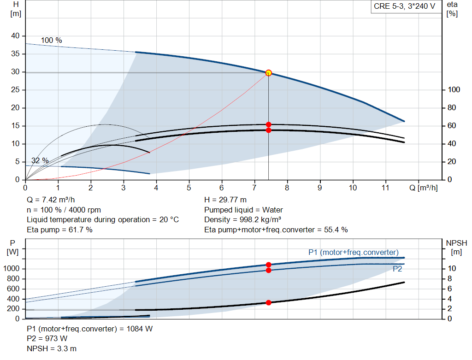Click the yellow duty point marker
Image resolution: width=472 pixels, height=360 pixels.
(269, 73)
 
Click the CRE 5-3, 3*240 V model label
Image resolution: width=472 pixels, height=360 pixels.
(404, 6)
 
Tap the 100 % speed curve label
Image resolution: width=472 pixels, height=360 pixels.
(52, 41)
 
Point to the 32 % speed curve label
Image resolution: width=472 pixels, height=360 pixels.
(40, 160)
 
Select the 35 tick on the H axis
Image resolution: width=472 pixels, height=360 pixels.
(15, 53)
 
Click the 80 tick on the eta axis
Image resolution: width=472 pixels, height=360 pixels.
(452, 107)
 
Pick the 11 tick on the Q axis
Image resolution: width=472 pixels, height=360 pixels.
(385, 188)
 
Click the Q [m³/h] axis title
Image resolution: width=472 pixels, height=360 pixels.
(423, 188)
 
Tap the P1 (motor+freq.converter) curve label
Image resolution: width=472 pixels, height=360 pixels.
(354, 252)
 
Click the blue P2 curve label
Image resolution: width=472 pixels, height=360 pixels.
(397, 269)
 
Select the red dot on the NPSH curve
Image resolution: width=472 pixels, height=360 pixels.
(269, 302)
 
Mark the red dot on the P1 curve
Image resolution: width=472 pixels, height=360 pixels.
(269, 265)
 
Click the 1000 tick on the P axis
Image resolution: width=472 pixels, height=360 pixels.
(11, 268)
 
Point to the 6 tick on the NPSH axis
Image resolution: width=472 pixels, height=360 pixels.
(449, 289)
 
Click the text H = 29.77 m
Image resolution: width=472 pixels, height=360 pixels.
(225, 200)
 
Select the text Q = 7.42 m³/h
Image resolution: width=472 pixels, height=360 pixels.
(51, 200)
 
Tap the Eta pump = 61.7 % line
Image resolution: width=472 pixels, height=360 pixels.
(59, 230)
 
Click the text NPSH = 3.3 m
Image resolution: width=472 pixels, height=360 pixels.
(52, 348)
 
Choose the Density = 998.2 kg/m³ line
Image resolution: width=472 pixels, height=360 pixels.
(242, 220)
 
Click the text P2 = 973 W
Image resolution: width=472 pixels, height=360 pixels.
(47, 339)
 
